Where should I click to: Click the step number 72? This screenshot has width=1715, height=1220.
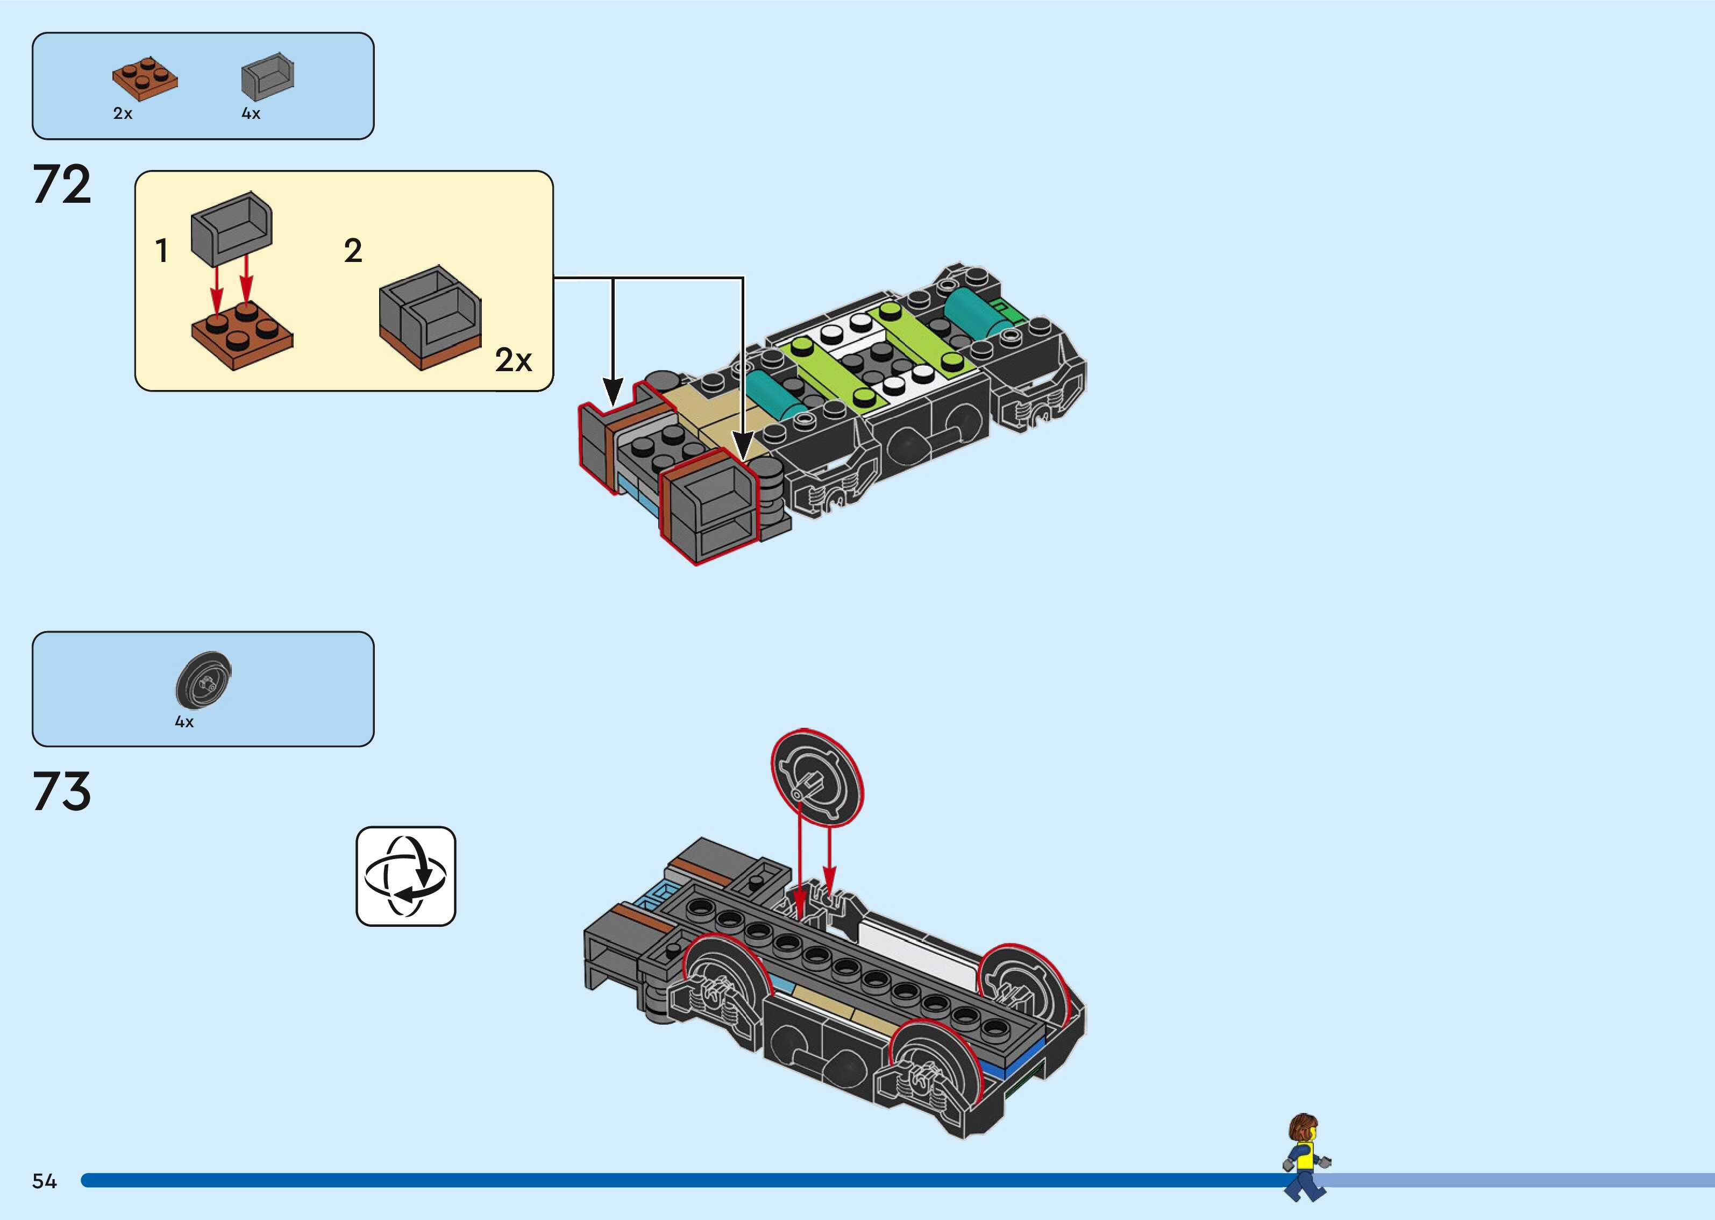click(x=61, y=185)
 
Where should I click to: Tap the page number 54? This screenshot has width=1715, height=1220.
click(x=44, y=1181)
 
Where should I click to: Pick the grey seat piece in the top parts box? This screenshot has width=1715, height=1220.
click(x=267, y=76)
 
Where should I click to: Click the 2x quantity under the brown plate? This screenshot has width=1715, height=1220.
click(x=123, y=114)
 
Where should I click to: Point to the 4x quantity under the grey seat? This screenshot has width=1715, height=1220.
click(x=251, y=114)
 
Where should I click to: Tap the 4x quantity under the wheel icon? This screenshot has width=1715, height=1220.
click(x=184, y=722)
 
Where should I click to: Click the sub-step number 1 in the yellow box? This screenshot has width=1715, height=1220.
click(x=161, y=251)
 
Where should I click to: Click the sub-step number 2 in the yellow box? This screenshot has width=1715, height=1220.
click(x=353, y=251)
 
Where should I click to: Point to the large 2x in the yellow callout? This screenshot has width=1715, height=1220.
click(x=513, y=360)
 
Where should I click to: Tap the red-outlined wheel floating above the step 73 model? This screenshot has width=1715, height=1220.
click(x=817, y=779)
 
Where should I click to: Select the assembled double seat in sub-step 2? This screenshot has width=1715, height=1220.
click(x=430, y=318)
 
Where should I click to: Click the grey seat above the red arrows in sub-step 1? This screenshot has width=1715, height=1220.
click(x=232, y=228)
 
